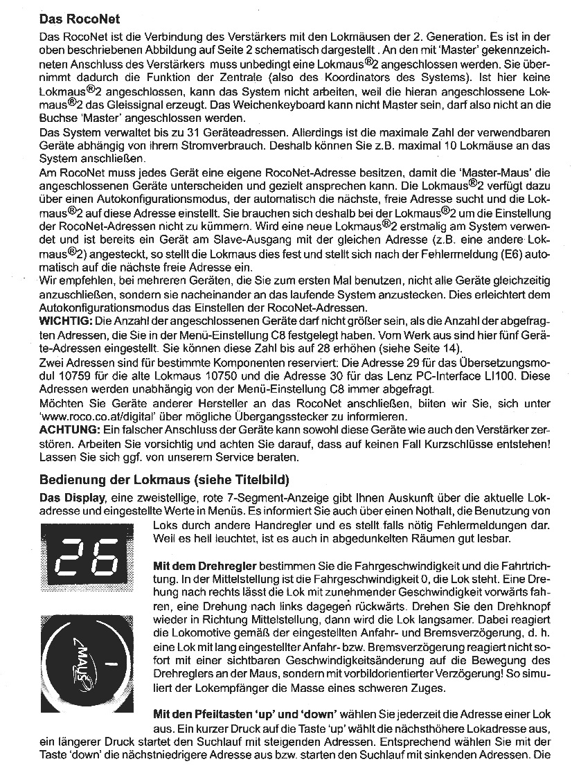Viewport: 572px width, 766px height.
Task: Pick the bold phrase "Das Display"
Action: pyautogui.click(x=72, y=499)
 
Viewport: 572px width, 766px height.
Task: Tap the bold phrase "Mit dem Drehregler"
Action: pyautogui.click(x=204, y=566)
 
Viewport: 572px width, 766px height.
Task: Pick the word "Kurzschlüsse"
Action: pyautogui.click(x=431, y=444)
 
